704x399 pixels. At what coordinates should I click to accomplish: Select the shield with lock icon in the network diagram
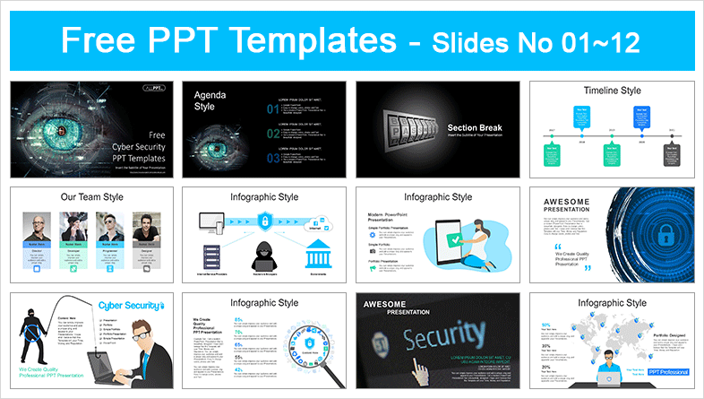click(265, 221)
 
